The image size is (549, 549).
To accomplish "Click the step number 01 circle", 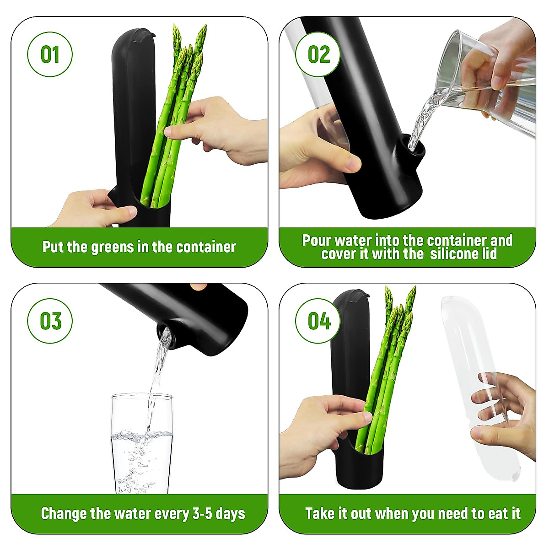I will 50,54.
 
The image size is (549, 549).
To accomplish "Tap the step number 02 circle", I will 318,54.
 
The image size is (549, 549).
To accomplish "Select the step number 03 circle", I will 50,321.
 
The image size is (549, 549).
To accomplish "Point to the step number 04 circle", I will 318,321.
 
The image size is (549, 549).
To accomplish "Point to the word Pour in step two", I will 317,241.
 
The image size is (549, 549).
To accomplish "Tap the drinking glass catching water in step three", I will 142,444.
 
